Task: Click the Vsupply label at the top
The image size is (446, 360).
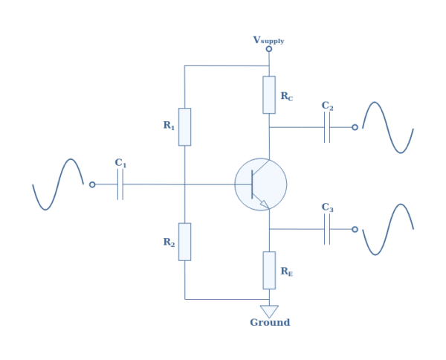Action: [268, 40]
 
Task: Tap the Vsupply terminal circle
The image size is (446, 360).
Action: [269, 49]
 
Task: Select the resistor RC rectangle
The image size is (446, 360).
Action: [269, 94]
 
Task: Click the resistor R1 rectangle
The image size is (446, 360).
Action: [184, 126]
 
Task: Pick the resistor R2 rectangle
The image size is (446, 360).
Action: [184, 242]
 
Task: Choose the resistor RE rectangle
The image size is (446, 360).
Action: [269, 270]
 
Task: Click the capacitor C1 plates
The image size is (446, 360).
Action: [120, 184]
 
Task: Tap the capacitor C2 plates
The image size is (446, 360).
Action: [327, 127]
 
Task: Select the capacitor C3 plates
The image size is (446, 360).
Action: [327, 229]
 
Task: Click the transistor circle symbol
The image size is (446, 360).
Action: [261, 184]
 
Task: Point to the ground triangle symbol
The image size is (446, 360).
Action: [269, 311]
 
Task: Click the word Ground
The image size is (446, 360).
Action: [270, 323]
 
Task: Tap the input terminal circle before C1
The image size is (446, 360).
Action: [92, 184]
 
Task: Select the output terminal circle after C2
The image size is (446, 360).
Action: [355, 127]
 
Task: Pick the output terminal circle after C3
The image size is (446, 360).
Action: [355, 229]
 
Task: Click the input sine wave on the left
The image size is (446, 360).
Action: [58, 184]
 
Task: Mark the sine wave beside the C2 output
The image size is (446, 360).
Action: [387, 127]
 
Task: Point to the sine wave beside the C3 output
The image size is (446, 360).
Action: [387, 229]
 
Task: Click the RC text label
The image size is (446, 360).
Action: [286, 97]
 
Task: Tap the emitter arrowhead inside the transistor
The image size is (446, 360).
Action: [264, 204]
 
